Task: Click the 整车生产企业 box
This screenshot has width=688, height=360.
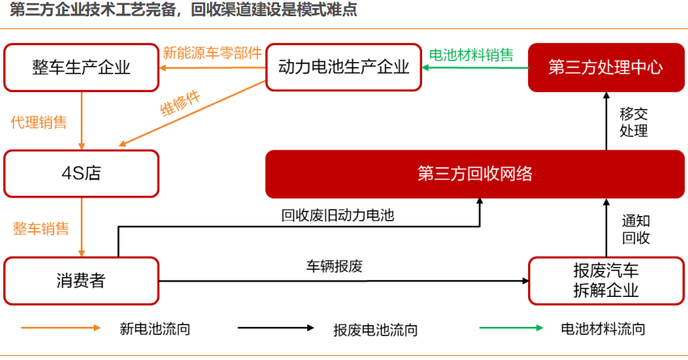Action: (x=81, y=68)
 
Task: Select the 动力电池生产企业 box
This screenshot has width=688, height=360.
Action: (x=344, y=67)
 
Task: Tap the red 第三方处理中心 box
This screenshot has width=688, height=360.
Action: (x=606, y=67)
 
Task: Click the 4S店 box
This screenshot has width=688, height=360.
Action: (x=81, y=173)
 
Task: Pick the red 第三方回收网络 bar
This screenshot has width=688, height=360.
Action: (x=475, y=174)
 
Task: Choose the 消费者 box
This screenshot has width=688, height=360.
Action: (x=81, y=281)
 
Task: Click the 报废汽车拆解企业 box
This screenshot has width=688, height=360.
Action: (x=606, y=281)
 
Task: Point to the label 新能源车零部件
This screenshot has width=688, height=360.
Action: (x=213, y=53)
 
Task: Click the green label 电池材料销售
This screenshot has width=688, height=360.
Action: (x=471, y=55)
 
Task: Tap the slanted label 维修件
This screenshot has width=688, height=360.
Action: (x=180, y=104)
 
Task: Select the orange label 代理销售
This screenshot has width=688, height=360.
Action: (x=39, y=122)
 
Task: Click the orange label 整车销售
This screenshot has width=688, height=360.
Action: (x=40, y=228)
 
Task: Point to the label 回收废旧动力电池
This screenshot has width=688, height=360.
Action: (x=338, y=215)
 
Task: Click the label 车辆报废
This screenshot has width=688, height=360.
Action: (x=335, y=266)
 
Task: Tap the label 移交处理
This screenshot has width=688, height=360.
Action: (x=634, y=122)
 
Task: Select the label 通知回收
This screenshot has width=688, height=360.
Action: (x=635, y=229)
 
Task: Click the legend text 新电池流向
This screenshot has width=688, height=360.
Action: (x=155, y=328)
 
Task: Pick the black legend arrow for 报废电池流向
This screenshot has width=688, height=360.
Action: (x=276, y=328)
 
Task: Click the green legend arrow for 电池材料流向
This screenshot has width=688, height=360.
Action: (x=511, y=328)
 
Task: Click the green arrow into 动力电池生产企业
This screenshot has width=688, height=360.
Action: (x=475, y=68)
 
